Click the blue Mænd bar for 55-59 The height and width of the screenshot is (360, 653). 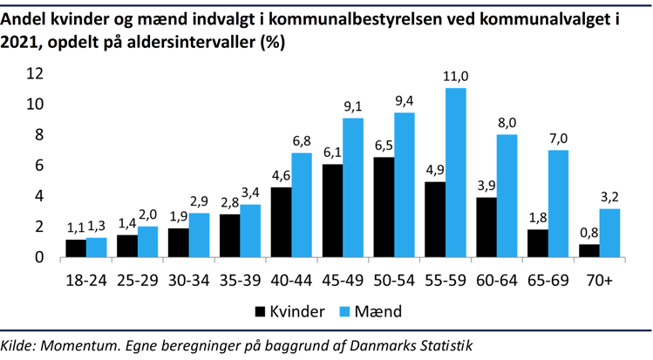455,173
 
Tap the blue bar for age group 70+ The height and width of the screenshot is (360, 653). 609,233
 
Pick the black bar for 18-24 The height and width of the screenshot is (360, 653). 76,248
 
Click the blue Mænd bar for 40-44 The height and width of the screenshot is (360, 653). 301,205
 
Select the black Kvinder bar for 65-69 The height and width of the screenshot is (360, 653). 537,243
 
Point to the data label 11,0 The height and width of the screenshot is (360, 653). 455,76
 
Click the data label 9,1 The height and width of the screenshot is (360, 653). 353,105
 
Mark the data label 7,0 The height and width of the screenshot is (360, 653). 558,138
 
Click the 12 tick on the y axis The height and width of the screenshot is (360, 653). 35,74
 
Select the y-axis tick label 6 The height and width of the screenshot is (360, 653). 39,166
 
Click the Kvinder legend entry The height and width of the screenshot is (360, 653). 292,310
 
